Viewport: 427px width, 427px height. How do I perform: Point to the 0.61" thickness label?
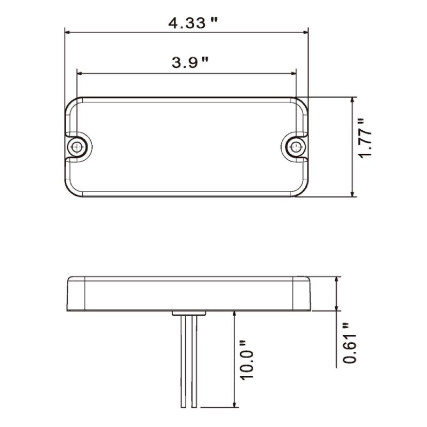(350, 343)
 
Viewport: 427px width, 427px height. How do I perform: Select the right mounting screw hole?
(295, 146)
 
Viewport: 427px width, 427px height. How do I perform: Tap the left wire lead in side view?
(183, 363)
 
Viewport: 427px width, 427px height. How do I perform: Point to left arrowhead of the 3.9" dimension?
(80, 73)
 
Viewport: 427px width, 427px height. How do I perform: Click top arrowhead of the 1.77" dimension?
(352, 100)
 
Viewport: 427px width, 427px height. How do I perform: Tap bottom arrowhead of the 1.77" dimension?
(352, 194)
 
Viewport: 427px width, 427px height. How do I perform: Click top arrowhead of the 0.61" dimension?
(337, 279)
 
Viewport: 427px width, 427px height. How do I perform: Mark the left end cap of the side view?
(77, 294)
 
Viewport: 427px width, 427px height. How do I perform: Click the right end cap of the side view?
(303, 294)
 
